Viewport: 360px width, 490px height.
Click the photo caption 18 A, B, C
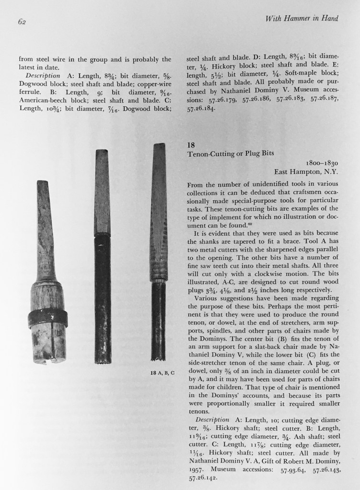tap(165, 372)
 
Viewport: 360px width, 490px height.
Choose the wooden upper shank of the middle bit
tap(102, 192)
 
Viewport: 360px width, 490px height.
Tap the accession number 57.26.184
tap(204, 108)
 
